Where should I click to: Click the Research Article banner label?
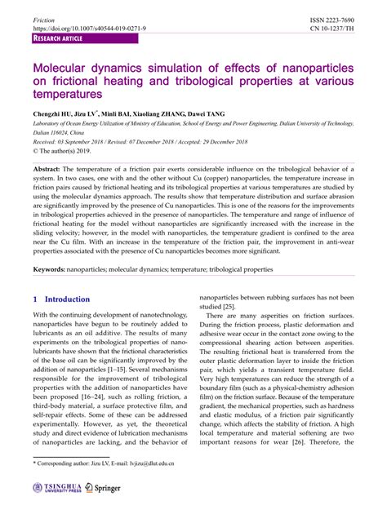(59, 38)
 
